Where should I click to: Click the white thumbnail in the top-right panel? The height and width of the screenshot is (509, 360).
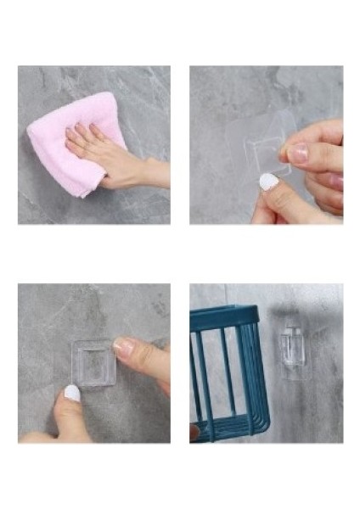tap(268, 182)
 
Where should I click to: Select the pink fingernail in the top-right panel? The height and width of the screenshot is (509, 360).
tap(296, 153)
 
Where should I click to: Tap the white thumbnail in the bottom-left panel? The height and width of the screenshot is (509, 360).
tap(72, 392)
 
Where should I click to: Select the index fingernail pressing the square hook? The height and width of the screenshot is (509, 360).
tap(123, 346)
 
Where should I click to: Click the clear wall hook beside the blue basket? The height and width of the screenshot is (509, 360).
tap(291, 348)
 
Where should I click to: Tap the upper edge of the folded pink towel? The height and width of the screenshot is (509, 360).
tap(81, 100)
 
